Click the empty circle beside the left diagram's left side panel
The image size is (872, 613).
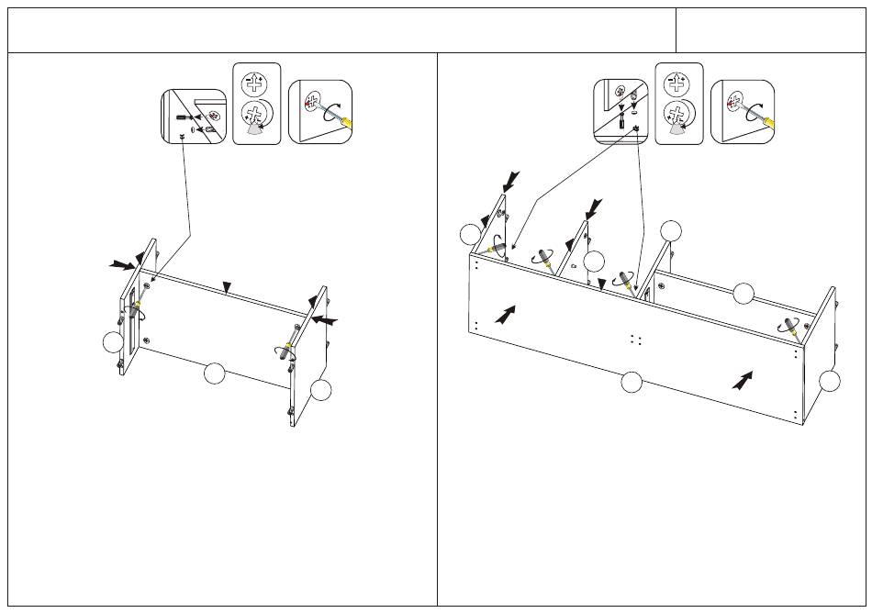112,342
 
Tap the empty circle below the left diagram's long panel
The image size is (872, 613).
214,373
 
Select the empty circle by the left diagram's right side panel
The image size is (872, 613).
320,390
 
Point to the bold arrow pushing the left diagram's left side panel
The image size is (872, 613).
119,264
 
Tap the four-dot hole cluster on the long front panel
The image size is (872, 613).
634,339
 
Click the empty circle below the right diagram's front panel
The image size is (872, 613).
631,383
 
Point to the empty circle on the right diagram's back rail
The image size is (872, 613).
743,294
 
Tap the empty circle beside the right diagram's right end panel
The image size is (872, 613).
830,382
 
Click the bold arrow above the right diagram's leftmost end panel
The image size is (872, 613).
511,181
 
